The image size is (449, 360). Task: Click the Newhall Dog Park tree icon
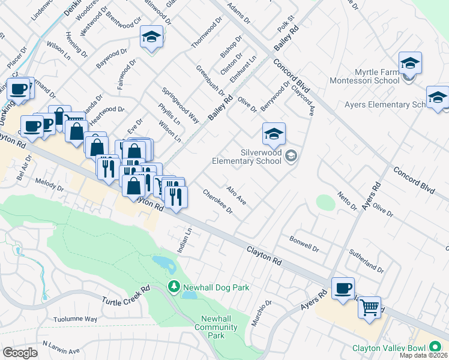pyautogui.click(x=174, y=287)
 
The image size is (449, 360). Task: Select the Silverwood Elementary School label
pyautogui.click(x=247, y=157)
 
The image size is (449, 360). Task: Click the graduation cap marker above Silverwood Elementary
pyautogui.click(x=274, y=134)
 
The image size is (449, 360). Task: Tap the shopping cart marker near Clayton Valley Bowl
pyautogui.click(x=369, y=308)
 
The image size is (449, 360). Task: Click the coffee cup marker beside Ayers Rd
pyautogui.click(x=343, y=289)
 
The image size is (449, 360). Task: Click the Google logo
pyautogui.click(x=20, y=352)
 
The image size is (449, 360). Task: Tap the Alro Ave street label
pyautogui.click(x=236, y=196)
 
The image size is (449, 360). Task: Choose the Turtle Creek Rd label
pyautogui.click(x=125, y=296)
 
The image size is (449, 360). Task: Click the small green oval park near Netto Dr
pyautogui.click(x=325, y=202)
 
